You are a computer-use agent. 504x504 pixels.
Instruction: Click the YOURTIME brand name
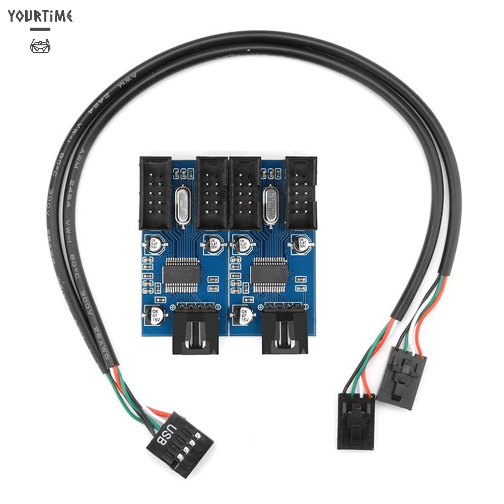(x=40, y=16)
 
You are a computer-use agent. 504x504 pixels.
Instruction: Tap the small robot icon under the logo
(x=40, y=47)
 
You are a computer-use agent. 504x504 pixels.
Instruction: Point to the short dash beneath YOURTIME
(x=40, y=29)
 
